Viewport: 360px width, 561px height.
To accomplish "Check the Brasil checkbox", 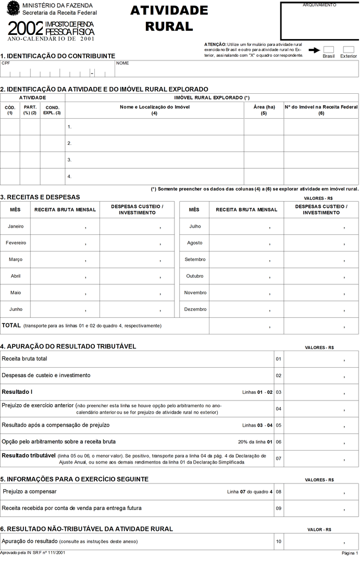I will tap(329, 49).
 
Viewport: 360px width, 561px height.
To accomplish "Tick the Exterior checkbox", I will tap(349, 49).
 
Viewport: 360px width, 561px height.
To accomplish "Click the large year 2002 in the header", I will tap(26, 28).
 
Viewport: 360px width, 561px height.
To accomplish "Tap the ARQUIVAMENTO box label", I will tap(319, 5).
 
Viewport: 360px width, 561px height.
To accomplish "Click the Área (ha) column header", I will tap(264, 109).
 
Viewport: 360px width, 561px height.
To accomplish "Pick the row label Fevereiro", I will tap(16, 243).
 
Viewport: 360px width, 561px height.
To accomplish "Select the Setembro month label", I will tap(195, 259).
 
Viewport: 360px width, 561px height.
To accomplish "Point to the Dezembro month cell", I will tap(195, 309).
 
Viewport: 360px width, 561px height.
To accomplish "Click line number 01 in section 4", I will tap(279, 359).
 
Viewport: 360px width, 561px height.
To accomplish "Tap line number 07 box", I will tap(279, 458).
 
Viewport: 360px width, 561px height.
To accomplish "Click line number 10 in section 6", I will tap(279, 541).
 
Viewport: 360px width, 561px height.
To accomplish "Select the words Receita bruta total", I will tap(24, 359).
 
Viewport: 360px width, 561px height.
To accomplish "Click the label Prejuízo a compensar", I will tap(30, 491).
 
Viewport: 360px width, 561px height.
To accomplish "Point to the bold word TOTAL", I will tap(11, 326).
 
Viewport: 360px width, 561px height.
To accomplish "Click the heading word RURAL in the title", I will tap(169, 27).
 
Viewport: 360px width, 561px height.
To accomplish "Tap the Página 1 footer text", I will tap(350, 552).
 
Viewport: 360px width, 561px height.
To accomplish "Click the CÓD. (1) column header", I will tap(10, 109).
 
